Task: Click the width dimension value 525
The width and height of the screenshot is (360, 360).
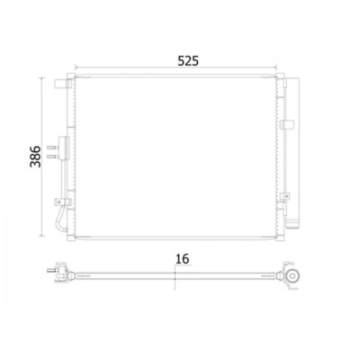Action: [188, 61]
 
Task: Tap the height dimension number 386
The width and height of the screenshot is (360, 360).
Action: [35, 157]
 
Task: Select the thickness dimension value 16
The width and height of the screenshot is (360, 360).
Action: [183, 258]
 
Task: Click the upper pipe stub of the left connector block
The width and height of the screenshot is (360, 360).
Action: [52, 148]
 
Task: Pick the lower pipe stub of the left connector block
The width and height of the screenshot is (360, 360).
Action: [52, 156]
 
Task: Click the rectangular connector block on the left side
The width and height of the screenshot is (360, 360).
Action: [63, 148]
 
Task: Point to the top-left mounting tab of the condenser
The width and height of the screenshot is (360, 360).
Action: [59, 84]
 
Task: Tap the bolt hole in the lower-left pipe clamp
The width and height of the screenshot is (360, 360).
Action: [59, 202]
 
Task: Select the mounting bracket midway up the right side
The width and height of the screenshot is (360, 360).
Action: [287, 124]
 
